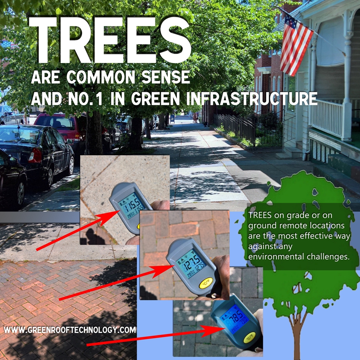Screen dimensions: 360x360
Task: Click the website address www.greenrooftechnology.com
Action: click(70, 329)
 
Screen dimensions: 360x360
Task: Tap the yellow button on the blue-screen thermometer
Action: click(249, 337)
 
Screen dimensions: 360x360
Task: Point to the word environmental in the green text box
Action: click(272, 257)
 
